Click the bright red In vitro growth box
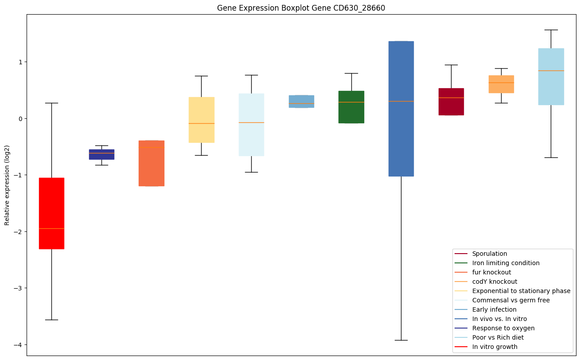tap(51, 213)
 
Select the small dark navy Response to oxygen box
tap(101, 154)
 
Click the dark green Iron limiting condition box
tap(351, 107)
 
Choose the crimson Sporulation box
tap(451, 102)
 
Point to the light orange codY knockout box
tap(501, 84)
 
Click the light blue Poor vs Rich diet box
tap(551, 77)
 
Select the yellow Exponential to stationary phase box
tap(202, 120)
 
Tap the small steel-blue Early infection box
tap(301, 102)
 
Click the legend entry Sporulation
tap(489, 254)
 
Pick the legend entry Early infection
tap(494, 309)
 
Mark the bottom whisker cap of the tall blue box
tap(401, 340)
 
